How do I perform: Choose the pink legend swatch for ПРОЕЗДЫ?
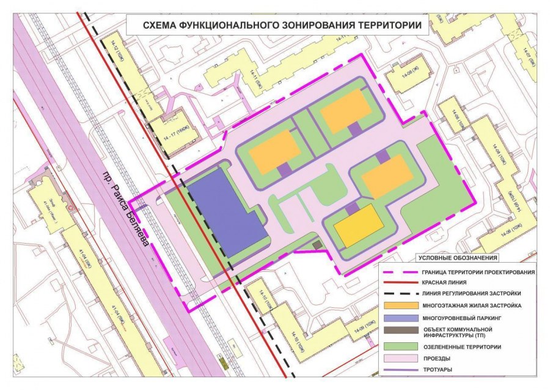click(397, 358)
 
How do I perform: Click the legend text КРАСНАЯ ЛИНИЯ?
click(444, 282)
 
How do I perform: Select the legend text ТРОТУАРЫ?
click(439, 370)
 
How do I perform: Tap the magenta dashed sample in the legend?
click(397, 272)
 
